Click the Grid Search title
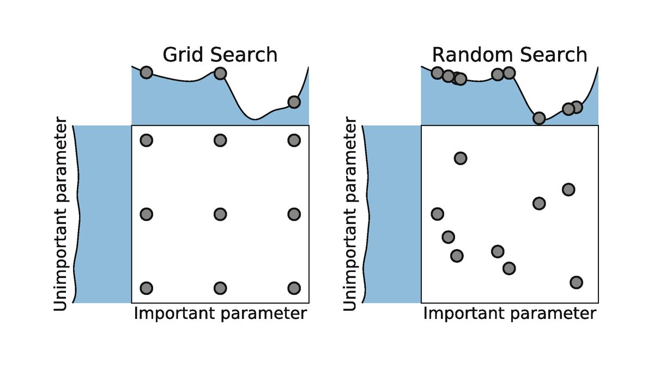point(220,55)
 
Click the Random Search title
point(510,55)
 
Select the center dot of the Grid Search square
point(220,214)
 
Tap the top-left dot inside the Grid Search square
point(146,140)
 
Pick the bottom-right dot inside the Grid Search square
point(294,288)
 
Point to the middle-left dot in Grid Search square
point(146,214)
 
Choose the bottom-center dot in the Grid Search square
point(220,288)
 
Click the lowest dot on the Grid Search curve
point(294,102)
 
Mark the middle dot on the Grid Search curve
point(220,73)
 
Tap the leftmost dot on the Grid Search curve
point(146,73)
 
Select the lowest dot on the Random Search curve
point(539,118)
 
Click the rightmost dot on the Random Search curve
point(576,107)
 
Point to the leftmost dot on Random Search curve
point(437,73)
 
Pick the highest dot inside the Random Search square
point(461,158)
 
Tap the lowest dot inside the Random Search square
point(576,282)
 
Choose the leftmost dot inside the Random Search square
point(437,214)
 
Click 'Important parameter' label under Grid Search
point(220,314)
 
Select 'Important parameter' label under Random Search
point(510,314)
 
